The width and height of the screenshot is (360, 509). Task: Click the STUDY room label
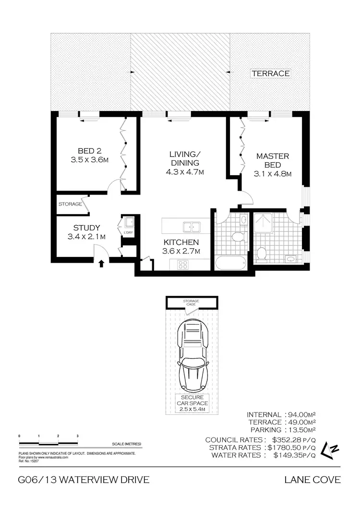86,232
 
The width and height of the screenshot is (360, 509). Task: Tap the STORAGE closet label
70,204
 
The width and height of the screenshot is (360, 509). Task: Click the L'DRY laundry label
128,233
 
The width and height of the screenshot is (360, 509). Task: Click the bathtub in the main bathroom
231,263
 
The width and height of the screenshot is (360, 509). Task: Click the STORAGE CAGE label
192,303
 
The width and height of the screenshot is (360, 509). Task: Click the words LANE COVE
312,480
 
